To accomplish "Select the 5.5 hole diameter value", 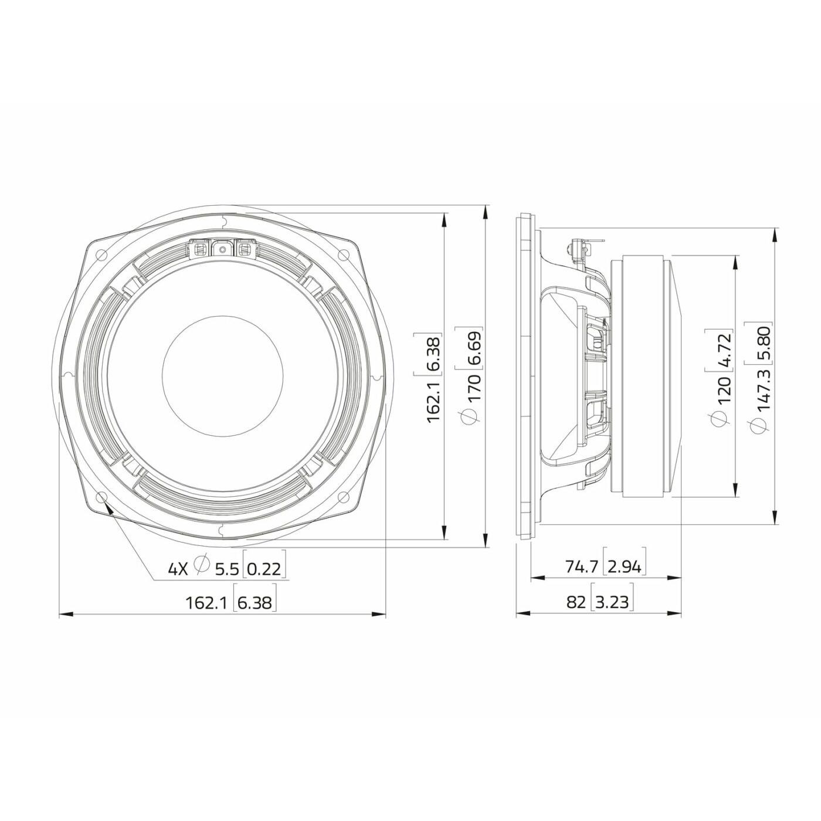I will (x=226, y=568).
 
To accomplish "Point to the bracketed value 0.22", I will (x=266, y=568).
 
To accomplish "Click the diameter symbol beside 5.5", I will (x=201, y=565).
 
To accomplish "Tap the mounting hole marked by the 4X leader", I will (x=102, y=497).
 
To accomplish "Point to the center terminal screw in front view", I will (x=223, y=249).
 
